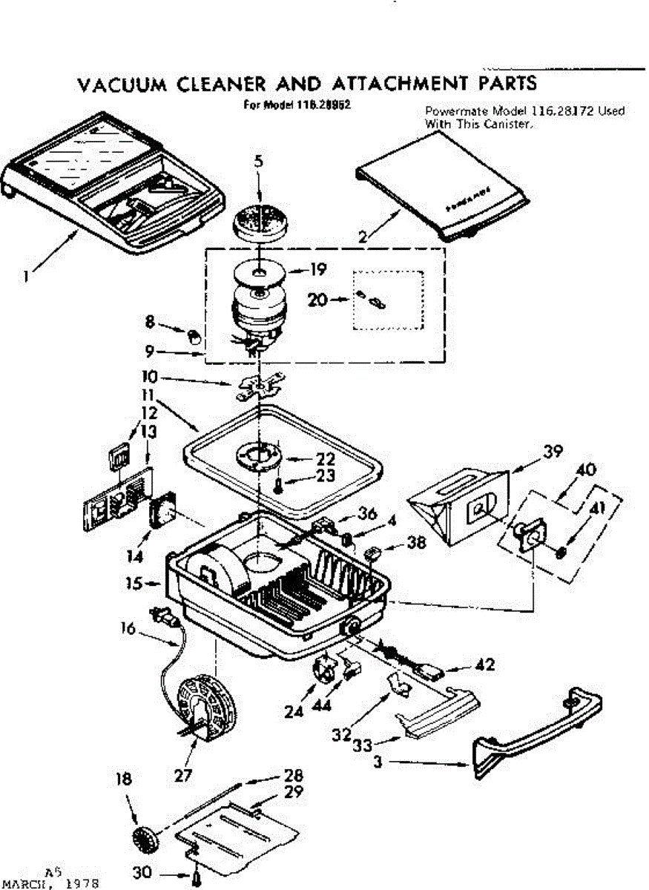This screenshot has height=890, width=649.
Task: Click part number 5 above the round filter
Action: [x=257, y=160]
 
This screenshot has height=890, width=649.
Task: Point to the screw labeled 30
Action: [x=197, y=880]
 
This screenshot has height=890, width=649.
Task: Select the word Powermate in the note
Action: [x=453, y=111]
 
